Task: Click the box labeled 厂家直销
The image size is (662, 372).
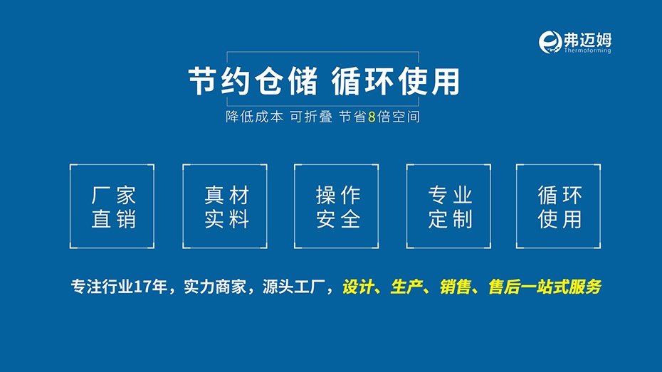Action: click(112, 206)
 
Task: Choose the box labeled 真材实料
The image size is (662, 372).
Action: click(225, 206)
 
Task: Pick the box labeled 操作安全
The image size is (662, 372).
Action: click(337, 206)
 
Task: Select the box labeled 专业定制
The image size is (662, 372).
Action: click(448, 206)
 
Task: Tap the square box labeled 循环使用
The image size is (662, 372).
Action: click(559, 206)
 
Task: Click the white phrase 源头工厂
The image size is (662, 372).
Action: click(293, 287)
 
